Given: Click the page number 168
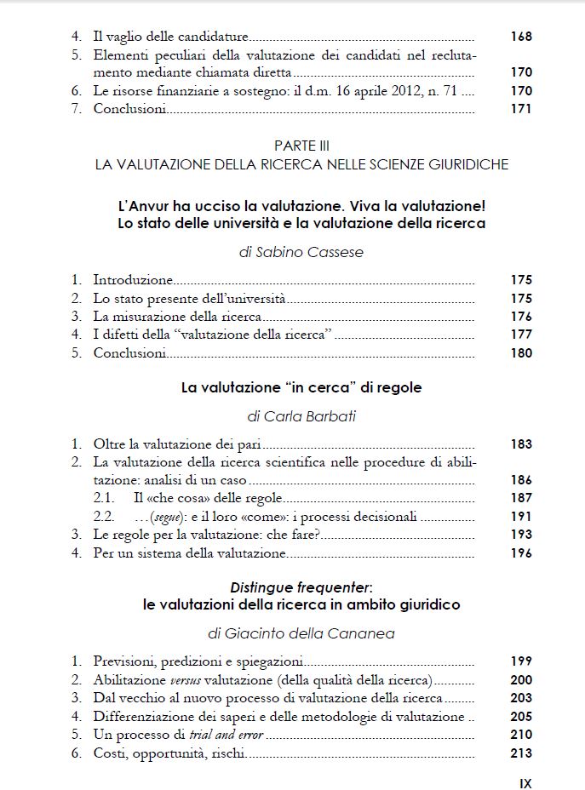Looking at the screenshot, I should [521, 37].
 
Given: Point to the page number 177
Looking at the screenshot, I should [521, 335].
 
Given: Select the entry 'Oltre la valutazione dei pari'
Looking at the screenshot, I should [177, 444].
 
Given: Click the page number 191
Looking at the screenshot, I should [521, 517].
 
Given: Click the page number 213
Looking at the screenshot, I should [521, 753].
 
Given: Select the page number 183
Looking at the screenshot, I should [521, 444].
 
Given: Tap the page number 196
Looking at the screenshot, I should [521, 553].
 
